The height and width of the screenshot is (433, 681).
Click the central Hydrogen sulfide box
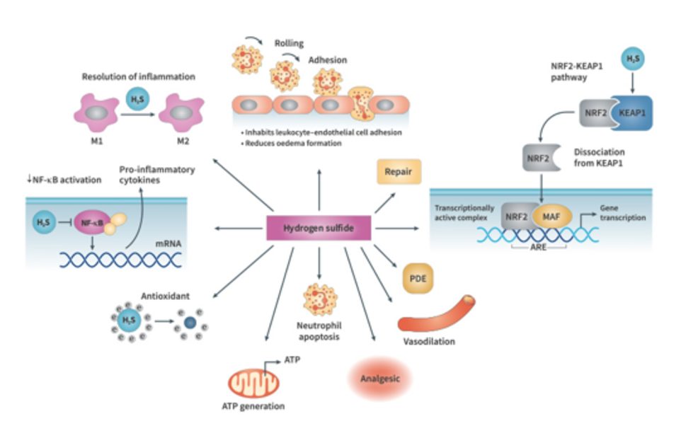(319, 229)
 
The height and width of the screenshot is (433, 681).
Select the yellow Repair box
(399, 171)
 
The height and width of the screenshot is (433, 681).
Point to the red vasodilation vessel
(436, 315)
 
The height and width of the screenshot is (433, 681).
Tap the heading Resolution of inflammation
(138, 76)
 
